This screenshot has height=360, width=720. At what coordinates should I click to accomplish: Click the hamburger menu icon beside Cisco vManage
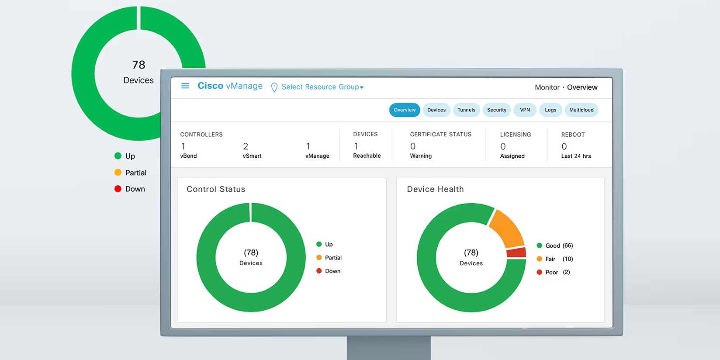click(x=185, y=86)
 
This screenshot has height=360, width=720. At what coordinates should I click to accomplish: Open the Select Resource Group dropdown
click(x=322, y=87)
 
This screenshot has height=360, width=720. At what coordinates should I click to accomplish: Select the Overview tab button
click(x=405, y=110)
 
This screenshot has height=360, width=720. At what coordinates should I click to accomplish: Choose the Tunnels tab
click(x=466, y=110)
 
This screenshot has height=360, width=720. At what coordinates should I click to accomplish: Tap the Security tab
click(x=496, y=110)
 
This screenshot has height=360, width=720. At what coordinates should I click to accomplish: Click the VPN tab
click(x=525, y=110)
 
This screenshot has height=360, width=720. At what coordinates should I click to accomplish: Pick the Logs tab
click(x=550, y=110)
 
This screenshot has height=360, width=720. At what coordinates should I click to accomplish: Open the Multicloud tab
click(x=581, y=110)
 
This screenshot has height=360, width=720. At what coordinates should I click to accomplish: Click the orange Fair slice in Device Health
click(x=507, y=228)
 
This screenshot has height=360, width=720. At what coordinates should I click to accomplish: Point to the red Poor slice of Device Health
click(x=516, y=253)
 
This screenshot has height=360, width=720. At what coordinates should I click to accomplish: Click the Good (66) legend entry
click(x=554, y=246)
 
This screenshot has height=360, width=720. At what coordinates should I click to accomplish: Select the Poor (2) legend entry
click(x=553, y=272)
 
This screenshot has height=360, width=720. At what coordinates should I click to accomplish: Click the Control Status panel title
click(x=216, y=189)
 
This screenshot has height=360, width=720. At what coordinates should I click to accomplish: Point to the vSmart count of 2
click(x=246, y=146)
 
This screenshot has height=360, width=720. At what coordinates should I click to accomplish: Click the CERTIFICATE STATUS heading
click(x=440, y=135)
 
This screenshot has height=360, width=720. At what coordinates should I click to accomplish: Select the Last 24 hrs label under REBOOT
click(x=576, y=156)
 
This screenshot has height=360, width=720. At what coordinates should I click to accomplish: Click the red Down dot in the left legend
click(x=118, y=189)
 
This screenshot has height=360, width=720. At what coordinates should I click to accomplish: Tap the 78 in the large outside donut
click(x=138, y=65)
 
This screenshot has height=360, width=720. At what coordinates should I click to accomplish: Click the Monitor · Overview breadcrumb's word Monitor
click(x=547, y=87)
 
